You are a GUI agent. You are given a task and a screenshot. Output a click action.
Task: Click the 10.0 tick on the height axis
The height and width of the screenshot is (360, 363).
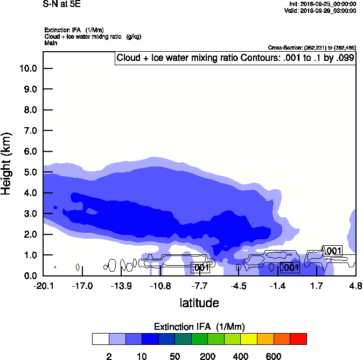coord(28,68)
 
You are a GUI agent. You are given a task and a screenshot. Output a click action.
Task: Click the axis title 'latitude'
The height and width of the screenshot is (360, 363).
coord(199,303)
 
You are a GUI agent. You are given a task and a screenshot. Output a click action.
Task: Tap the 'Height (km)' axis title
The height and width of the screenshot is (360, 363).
coord(7,163)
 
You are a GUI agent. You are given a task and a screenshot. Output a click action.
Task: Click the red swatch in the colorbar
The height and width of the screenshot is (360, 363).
coord(298,338)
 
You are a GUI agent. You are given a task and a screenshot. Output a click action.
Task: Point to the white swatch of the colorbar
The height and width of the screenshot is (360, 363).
coord(100,338)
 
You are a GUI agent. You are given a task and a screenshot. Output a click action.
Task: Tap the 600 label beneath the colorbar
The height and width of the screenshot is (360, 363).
coord(274,356)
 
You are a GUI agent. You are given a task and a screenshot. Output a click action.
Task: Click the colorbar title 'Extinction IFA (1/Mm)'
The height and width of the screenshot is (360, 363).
coord(199,327)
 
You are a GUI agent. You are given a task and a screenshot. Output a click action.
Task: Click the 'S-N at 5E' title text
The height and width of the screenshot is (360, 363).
coord(61,4)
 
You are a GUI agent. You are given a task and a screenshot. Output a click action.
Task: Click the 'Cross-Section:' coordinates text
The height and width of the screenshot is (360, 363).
coord(312,48)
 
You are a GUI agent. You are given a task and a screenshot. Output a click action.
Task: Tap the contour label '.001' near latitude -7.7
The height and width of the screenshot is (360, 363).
coord(200,267)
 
